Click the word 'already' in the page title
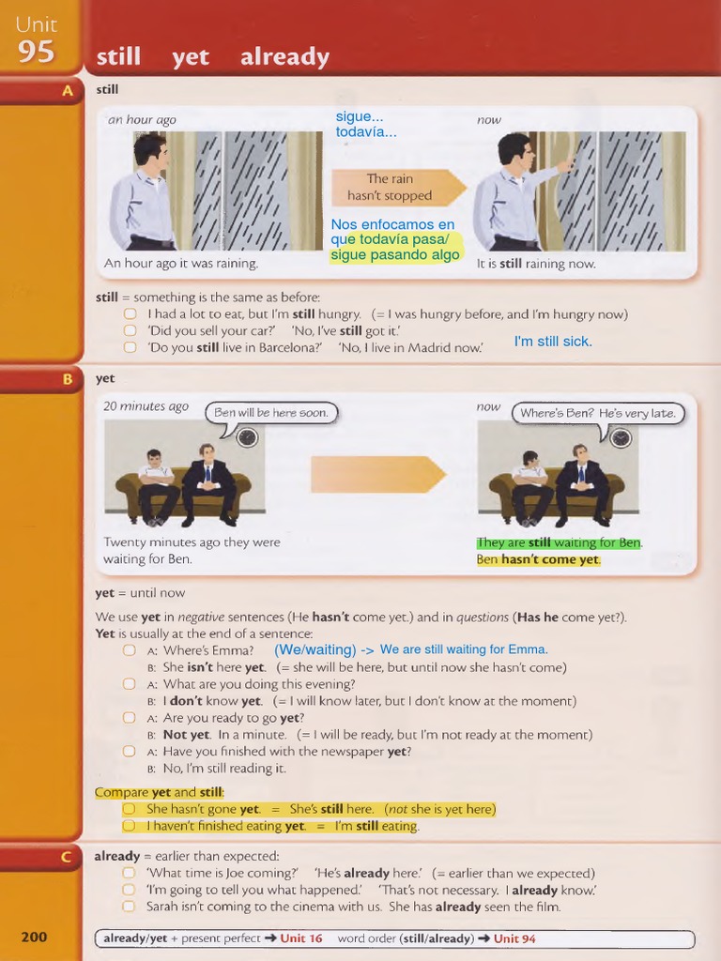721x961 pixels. tap(284, 57)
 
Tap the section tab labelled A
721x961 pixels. tap(66, 91)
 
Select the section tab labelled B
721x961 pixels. tap(66, 379)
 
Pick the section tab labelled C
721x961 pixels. tap(66, 856)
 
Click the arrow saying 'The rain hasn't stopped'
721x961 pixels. tap(397, 188)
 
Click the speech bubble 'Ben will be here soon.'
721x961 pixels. tap(270, 413)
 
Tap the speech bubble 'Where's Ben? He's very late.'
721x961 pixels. tap(598, 413)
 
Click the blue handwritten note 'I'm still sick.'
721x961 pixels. tap(553, 342)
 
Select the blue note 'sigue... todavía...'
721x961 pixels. tap(366, 124)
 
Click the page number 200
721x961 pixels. tap(34, 937)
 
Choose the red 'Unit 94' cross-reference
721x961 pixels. tap(514, 938)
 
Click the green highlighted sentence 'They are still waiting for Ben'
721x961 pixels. tap(559, 542)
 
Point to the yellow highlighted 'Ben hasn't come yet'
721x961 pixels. tap(537, 559)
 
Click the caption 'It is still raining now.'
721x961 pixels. tap(535, 264)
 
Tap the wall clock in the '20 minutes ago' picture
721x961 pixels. tap(247, 437)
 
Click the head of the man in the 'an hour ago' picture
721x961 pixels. tap(149, 150)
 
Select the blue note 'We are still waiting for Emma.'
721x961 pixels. tap(463, 649)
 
